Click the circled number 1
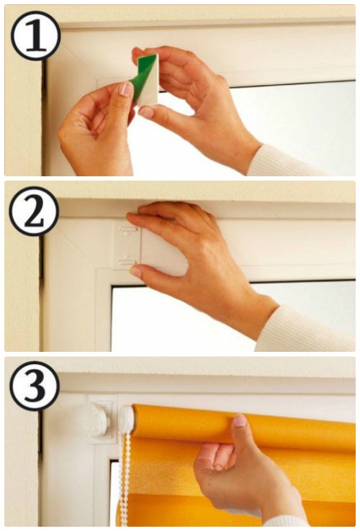[x=35, y=35]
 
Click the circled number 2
[x=34, y=211]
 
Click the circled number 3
[x=35, y=386]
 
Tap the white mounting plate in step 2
[x=126, y=245]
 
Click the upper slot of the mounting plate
[x=127, y=230]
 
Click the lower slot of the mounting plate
[x=127, y=262]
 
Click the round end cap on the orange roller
[x=126, y=420]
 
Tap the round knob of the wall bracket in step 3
[x=99, y=422]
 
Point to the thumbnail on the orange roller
[x=240, y=421]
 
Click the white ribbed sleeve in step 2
[x=305, y=329]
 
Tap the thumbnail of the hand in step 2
[x=135, y=271]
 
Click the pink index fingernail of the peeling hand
[x=126, y=89]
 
